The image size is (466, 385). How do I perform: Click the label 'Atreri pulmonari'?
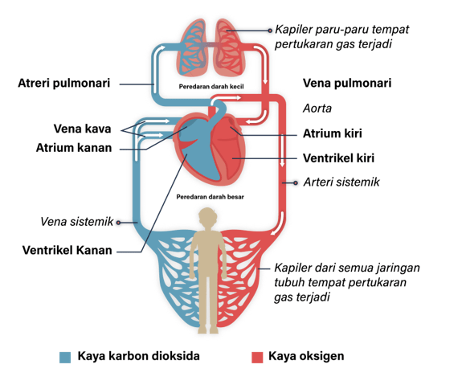coord(64,84)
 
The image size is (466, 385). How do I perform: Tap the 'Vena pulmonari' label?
coord(347,84)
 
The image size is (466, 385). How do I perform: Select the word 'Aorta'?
coord(317,109)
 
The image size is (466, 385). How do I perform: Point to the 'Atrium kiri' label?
coord(333,133)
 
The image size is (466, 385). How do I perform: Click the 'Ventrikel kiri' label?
coord(338,158)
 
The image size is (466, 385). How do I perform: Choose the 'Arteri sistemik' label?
coord(341,182)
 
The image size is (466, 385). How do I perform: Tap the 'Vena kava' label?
coord(82,129)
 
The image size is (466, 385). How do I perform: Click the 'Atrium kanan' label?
coord(74,148)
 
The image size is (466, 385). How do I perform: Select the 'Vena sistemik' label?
coord(76,222)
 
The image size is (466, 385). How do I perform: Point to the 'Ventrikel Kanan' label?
coord(67,250)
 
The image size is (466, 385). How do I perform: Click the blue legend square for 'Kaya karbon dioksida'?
coord(65,358)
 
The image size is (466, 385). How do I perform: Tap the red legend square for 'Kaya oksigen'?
coord(257,358)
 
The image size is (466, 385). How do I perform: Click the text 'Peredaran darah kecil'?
coord(211,87)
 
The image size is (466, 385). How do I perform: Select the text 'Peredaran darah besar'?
coord(211,197)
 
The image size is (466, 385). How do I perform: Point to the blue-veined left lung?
coord(191,47)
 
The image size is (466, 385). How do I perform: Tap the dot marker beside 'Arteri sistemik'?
coord(296,182)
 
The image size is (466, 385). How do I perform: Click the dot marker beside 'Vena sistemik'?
coord(118,223)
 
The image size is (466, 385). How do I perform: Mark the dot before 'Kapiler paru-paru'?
coord(270,31)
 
